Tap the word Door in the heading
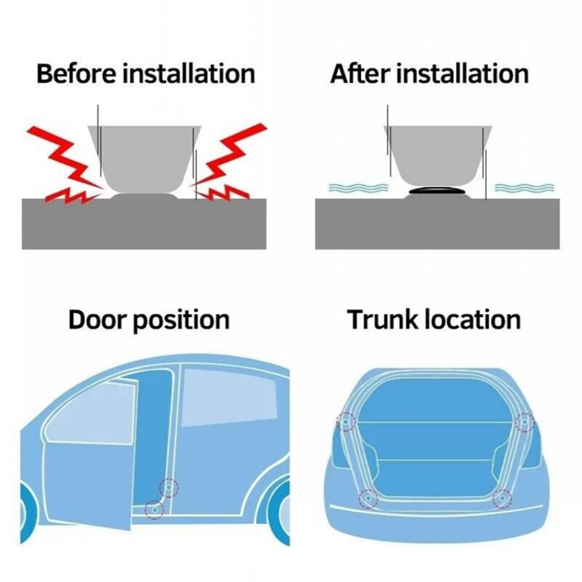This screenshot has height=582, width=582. pyautogui.click(x=97, y=320)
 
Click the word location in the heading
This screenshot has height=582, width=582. pyautogui.click(x=473, y=320)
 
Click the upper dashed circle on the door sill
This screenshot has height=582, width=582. pyautogui.click(x=168, y=488)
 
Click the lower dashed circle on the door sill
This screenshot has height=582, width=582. pyautogui.click(x=155, y=509)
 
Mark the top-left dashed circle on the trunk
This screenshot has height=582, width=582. pyautogui.click(x=346, y=422)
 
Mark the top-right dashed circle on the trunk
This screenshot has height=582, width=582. pyautogui.click(x=524, y=422)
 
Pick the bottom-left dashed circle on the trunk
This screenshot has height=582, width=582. pyautogui.click(x=368, y=500)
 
